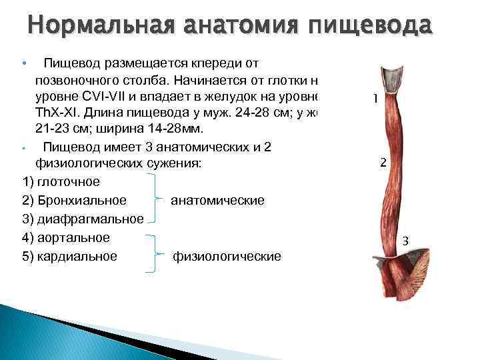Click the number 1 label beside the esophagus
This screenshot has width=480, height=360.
click(x=376, y=99)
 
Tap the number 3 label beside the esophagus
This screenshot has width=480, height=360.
click(x=405, y=241)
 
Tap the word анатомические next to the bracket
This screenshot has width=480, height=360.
click(x=217, y=201)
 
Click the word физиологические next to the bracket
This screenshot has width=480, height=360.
click(x=227, y=256)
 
